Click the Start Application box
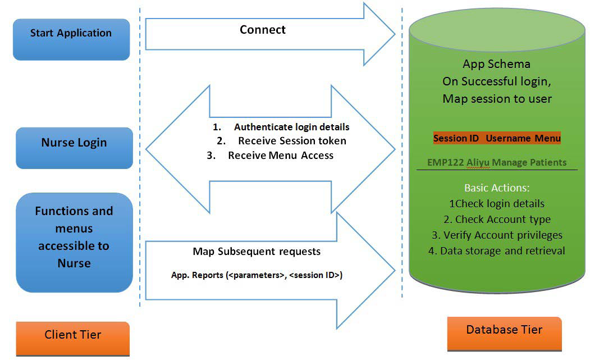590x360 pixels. pyautogui.click(x=71, y=39)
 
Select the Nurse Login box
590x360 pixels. pyautogui.click(x=74, y=148)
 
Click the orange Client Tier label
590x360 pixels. pyautogui.click(x=73, y=336)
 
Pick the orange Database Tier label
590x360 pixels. pyautogui.click(x=504, y=331)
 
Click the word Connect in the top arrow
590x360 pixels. pyautogui.click(x=262, y=30)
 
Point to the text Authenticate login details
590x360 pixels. pyautogui.click(x=291, y=127)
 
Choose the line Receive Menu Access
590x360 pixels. pyautogui.click(x=280, y=156)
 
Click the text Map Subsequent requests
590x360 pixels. pyautogui.click(x=257, y=251)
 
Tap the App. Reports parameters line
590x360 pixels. pyautogui.click(x=257, y=275)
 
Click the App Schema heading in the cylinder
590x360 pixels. pyautogui.click(x=496, y=64)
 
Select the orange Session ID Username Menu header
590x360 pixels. pyautogui.click(x=497, y=138)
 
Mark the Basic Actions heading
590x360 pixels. pyautogui.click(x=497, y=188)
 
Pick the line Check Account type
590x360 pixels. pyautogui.click(x=497, y=220)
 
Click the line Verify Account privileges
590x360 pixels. pyautogui.click(x=497, y=235)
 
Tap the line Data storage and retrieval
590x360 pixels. pyautogui.click(x=497, y=251)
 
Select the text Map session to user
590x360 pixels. pyautogui.click(x=497, y=99)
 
